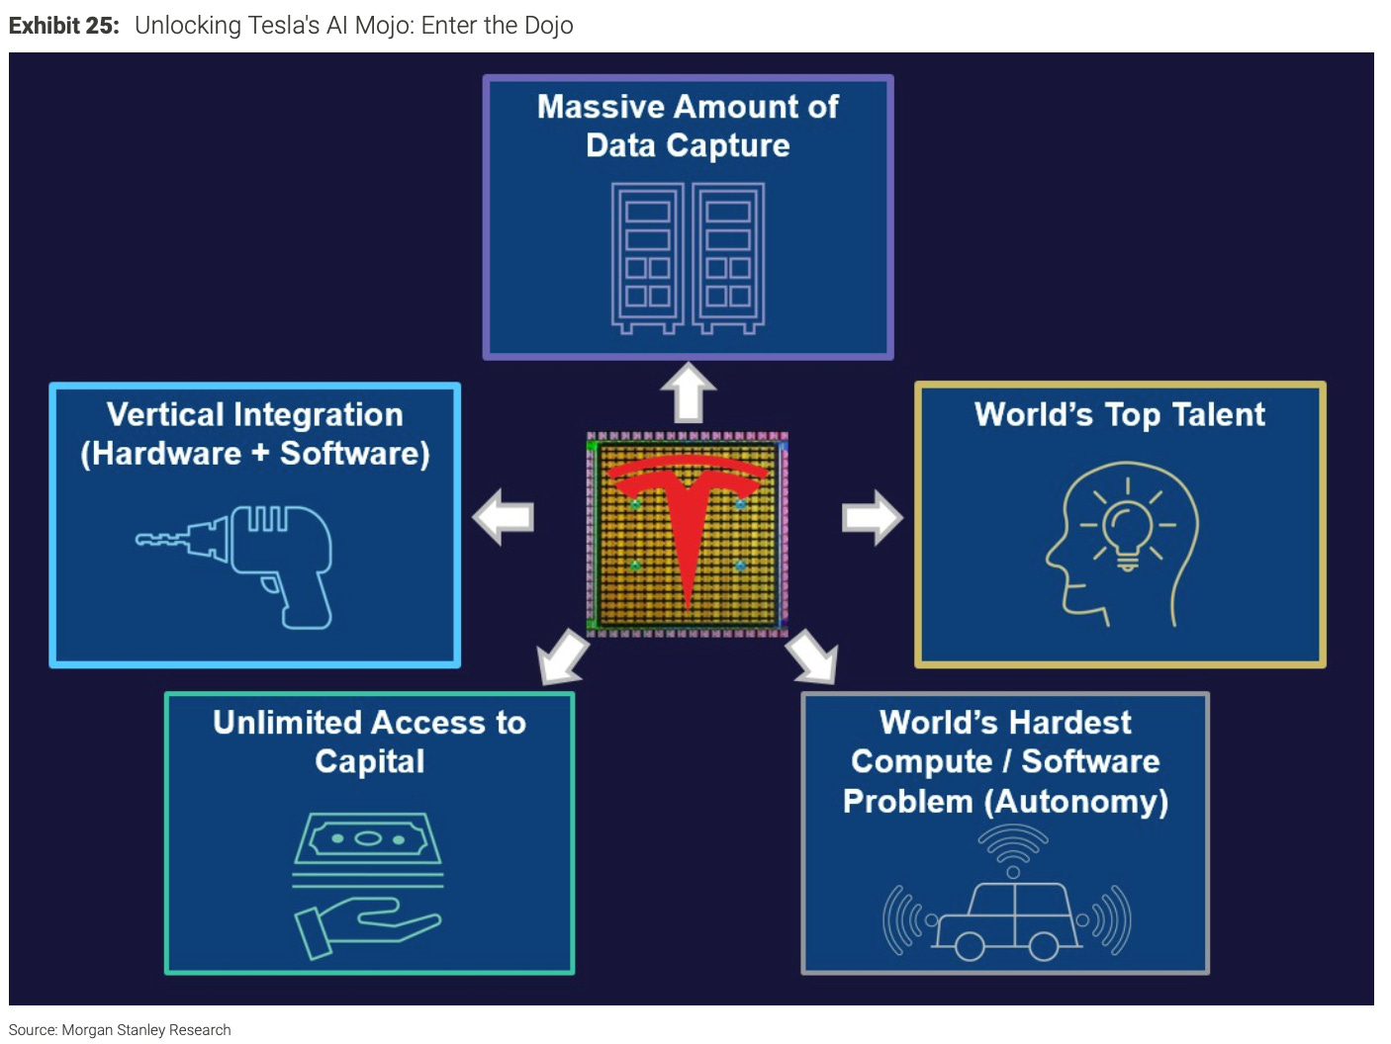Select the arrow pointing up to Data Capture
(x=688, y=391)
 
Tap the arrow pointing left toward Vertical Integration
(x=504, y=516)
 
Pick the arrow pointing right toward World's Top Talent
(x=872, y=516)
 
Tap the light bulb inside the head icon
(x=1127, y=534)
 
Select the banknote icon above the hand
(x=368, y=839)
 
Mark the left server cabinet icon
(x=647, y=256)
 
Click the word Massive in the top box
(x=601, y=107)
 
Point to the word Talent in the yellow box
(x=1218, y=414)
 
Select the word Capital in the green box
(x=370, y=761)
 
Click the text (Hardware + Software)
(x=255, y=454)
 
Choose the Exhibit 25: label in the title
(x=63, y=26)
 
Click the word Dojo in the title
(x=548, y=26)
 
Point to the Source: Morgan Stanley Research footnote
(x=120, y=1030)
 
